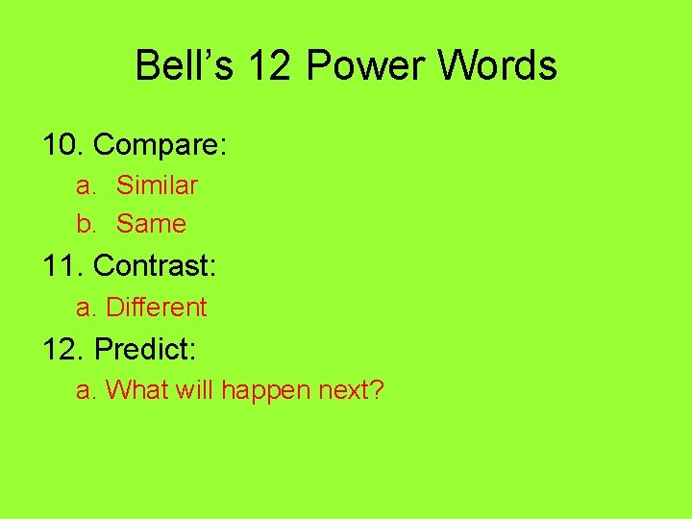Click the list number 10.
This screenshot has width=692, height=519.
click(x=64, y=145)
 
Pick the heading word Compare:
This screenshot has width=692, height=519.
click(x=161, y=145)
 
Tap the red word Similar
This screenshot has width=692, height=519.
click(x=157, y=185)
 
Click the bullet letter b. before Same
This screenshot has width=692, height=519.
click(x=87, y=224)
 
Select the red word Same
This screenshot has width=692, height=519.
click(x=151, y=224)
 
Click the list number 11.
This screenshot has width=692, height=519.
click(x=64, y=265)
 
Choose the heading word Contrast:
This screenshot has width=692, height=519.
click(x=156, y=265)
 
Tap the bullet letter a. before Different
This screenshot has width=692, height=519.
click(x=87, y=308)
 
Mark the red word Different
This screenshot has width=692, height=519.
click(x=157, y=308)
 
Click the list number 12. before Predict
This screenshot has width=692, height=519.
click(x=64, y=349)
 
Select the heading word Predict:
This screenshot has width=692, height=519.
click(x=145, y=349)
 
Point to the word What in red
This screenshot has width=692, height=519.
click(x=134, y=390)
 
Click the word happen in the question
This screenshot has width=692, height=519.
click(x=260, y=391)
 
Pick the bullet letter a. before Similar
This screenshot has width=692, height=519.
click(x=87, y=185)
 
